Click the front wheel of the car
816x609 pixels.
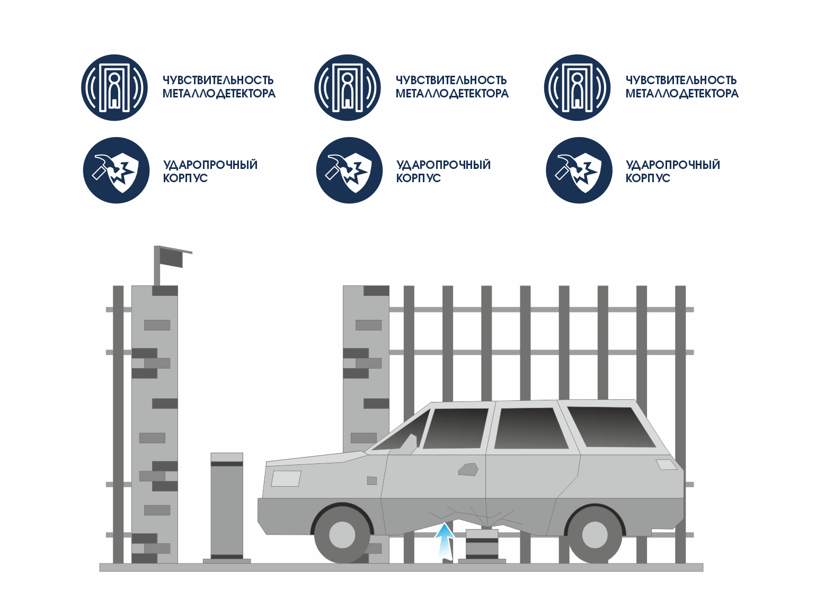click(x=342, y=534)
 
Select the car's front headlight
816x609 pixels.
click(x=286, y=478)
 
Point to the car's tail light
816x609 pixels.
click(x=666, y=464)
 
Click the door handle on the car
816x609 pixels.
click(x=468, y=469)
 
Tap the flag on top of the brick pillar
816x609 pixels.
click(x=171, y=257)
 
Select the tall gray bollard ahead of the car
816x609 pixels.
click(x=227, y=507)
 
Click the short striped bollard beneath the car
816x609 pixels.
click(x=482, y=544)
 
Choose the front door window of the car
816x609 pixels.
click(x=456, y=428)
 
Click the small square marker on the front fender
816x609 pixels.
click(x=372, y=480)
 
